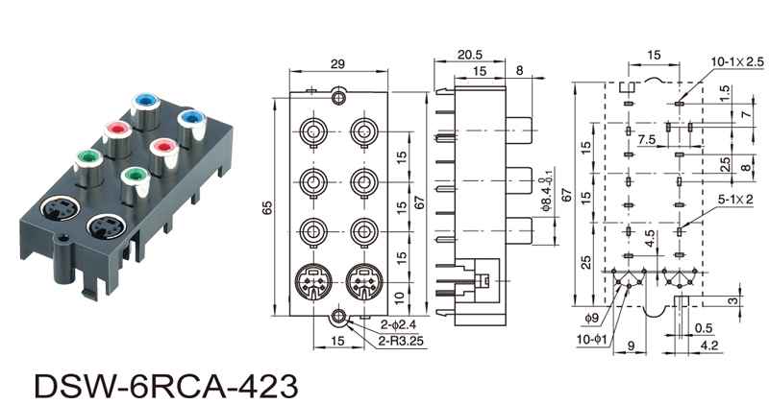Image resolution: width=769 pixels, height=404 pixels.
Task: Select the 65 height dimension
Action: pos(267,204)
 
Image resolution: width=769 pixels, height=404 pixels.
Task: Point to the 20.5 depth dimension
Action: pos(470,55)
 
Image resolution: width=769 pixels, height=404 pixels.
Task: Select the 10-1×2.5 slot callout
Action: pos(737,61)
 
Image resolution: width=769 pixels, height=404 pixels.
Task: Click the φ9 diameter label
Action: pos(591,316)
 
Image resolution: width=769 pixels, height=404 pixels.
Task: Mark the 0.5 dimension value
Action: pos(704,326)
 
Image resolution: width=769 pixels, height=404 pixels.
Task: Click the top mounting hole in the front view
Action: pos(337,97)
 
